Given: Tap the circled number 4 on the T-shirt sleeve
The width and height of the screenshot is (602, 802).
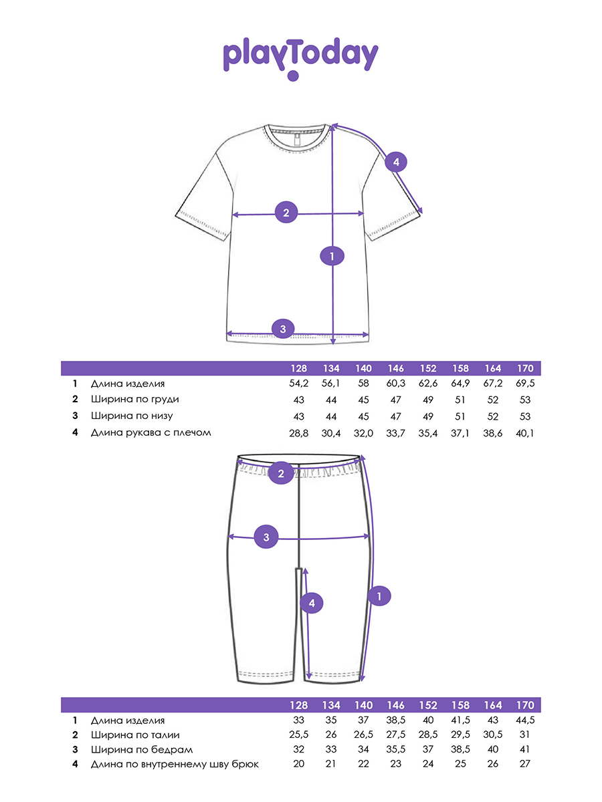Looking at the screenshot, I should click(395, 162).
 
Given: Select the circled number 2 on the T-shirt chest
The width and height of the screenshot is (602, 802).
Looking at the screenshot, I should click(286, 213).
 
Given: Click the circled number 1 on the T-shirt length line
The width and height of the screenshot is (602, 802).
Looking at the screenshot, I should click(332, 255).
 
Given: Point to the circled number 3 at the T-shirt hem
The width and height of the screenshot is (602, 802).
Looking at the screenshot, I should click(283, 328).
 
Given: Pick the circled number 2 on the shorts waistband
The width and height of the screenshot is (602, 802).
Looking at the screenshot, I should click(281, 475).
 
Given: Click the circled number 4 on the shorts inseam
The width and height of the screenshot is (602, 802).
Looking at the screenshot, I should click(311, 604).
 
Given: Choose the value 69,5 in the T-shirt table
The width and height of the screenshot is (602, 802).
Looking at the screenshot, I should click(526, 384).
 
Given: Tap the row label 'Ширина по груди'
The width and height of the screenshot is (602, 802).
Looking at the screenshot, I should click(135, 400).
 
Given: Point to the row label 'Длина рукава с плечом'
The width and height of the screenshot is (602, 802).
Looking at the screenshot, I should click(151, 432).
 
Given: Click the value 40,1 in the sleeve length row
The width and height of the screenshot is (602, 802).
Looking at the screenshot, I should click(526, 432).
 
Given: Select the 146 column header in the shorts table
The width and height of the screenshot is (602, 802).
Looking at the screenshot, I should click(395, 705).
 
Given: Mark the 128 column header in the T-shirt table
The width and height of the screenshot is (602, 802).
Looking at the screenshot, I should click(298, 368).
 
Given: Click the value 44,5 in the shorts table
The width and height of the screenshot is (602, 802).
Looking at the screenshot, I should click(526, 720).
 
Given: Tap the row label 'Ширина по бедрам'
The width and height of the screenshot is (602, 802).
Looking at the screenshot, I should click(136, 749).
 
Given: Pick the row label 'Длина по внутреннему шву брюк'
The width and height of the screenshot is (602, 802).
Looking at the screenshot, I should click(175, 764).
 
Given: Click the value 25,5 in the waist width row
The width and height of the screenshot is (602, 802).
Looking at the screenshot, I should click(298, 735).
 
